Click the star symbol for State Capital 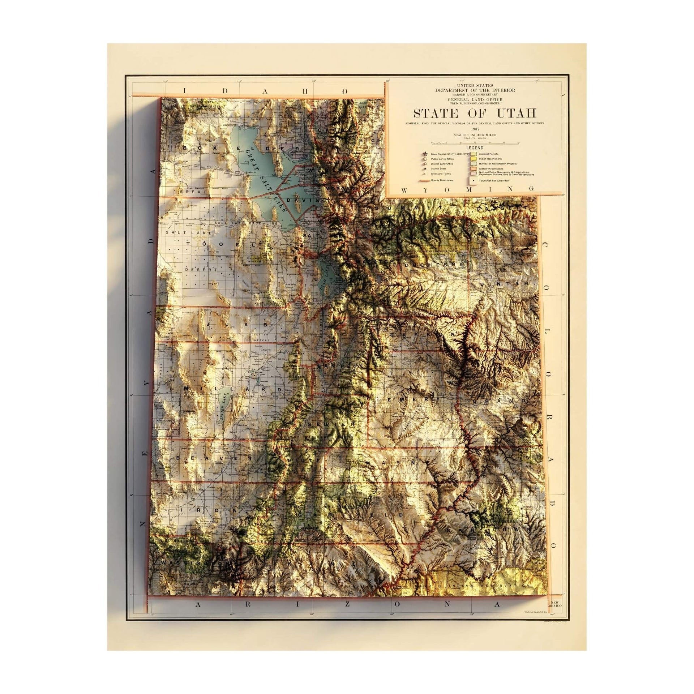[423, 154]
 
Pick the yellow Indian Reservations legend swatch [472, 159]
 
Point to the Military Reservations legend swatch [472, 169]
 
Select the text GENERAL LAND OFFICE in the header [475, 99]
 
